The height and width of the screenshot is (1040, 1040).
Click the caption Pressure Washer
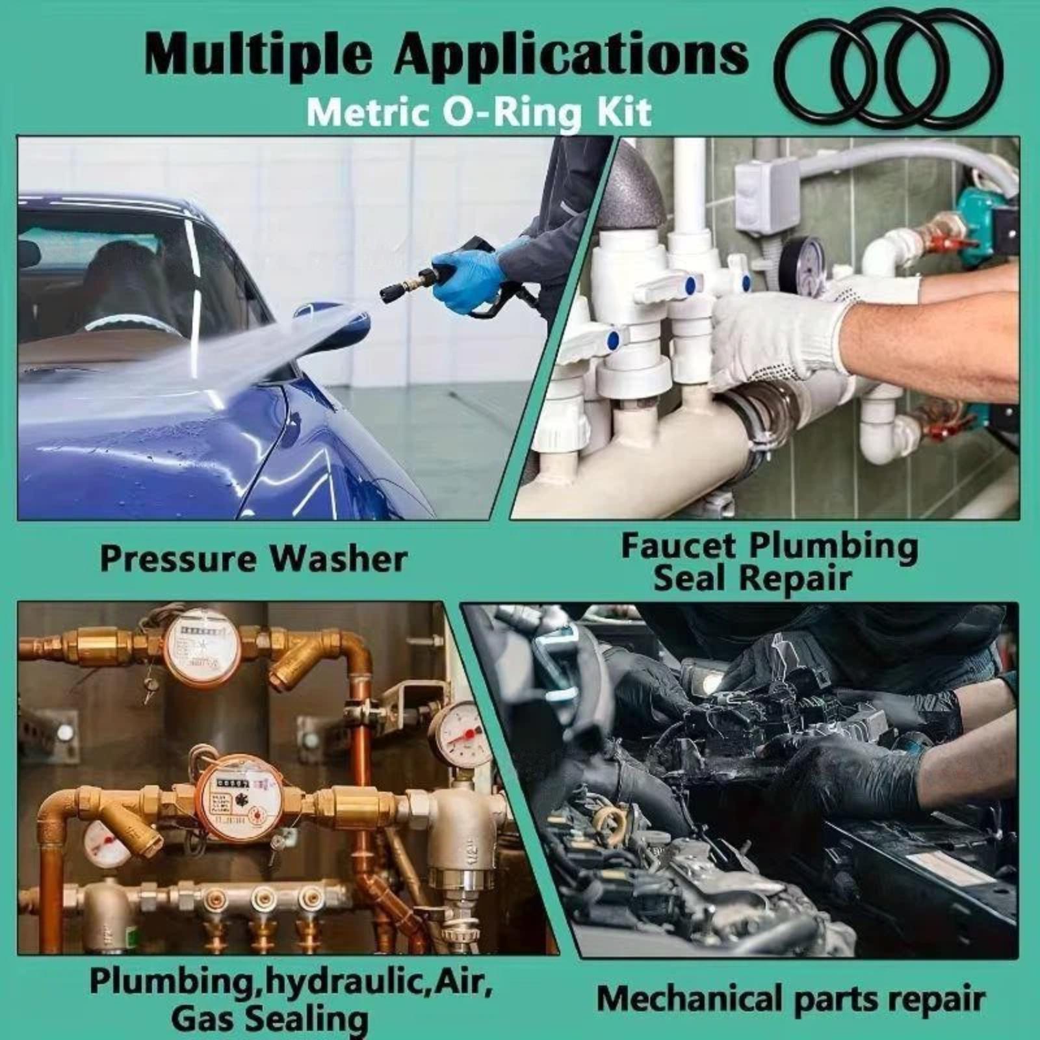click(x=253, y=559)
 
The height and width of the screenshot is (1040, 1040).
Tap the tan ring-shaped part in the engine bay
click(x=612, y=823)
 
